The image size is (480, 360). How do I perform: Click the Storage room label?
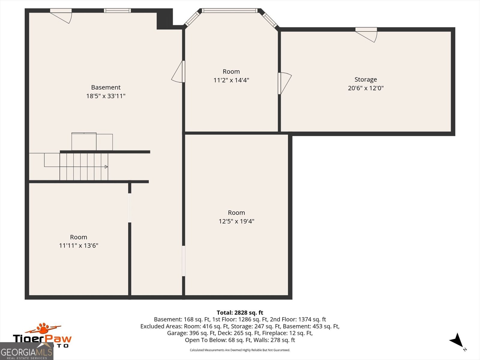[366, 79]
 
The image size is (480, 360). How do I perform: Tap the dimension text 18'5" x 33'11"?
[106, 96]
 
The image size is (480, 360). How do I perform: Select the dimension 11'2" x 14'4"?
[231, 80]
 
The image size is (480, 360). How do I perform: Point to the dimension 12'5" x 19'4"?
[236, 221]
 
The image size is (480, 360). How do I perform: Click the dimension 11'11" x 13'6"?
[79, 245]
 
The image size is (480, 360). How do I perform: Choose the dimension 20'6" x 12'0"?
[366, 88]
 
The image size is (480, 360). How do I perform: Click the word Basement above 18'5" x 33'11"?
[106, 87]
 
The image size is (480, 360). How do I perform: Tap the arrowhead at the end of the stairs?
[106, 167]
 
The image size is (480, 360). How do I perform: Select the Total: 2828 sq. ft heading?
[240, 313]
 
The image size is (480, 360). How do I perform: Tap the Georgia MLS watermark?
[26, 351]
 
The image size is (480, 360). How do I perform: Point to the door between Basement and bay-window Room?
[178, 72]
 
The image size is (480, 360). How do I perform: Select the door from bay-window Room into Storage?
[285, 83]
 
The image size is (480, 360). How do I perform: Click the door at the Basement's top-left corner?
[61, 16]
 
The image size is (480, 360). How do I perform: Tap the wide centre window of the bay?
[229, 10]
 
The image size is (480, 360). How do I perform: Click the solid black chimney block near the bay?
[165, 19]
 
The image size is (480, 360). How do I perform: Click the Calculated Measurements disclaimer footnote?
[240, 350]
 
